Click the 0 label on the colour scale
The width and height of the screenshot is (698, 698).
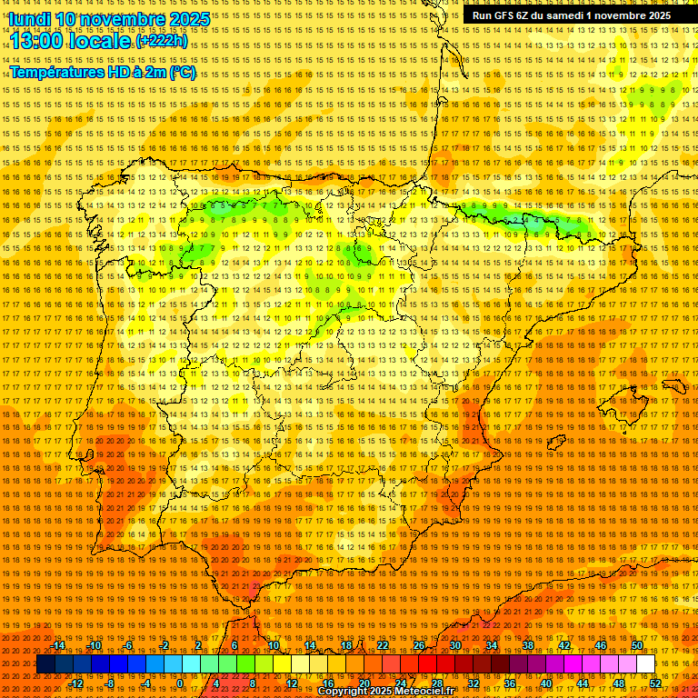tap(181, 683)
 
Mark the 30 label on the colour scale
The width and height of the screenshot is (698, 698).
tap(455, 645)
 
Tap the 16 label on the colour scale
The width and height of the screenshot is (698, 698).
tap(328, 683)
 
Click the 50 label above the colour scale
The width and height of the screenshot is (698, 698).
tap(636, 645)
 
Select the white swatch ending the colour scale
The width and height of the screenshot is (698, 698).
tap(645, 664)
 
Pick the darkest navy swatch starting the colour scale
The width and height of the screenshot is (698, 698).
tap(45, 664)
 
